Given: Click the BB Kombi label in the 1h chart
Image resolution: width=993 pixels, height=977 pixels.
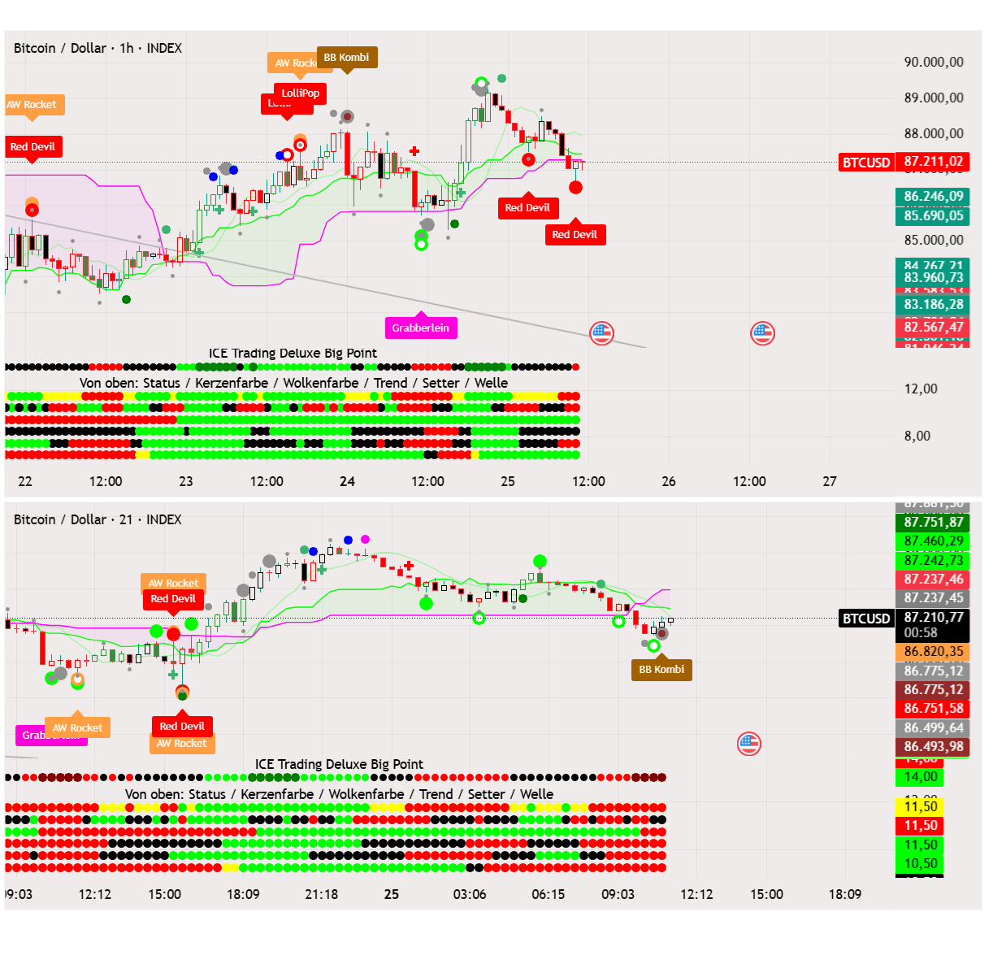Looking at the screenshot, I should click(x=347, y=58).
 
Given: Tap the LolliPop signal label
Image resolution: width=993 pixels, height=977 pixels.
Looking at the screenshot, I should click(x=301, y=93).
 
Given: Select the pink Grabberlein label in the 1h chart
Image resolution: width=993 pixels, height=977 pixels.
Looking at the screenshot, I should click(x=420, y=328).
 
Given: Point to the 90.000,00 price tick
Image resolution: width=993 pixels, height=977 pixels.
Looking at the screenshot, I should click(x=934, y=63).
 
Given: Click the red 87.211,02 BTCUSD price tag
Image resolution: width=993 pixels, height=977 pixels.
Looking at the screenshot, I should click(x=934, y=162).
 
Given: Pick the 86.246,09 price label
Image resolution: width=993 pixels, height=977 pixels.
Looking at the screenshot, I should click(x=934, y=197).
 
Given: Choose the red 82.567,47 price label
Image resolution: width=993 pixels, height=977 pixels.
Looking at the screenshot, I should click(x=934, y=327).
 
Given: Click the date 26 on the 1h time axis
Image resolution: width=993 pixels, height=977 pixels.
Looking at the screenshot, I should click(x=669, y=481).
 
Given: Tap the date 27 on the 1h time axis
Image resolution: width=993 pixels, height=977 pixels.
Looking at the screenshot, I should click(x=830, y=481).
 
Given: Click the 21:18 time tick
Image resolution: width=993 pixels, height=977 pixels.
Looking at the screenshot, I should click(x=322, y=894).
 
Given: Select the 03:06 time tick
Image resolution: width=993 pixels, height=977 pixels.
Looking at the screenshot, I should click(x=470, y=894).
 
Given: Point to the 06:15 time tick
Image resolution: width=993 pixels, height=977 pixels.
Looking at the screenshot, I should click(x=549, y=894).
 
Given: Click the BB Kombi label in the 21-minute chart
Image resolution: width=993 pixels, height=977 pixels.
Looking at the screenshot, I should click(x=661, y=669).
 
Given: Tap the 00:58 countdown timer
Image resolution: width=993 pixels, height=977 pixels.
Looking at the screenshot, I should click(x=921, y=632).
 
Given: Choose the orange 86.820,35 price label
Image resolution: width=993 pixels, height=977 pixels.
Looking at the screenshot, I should click(x=934, y=651).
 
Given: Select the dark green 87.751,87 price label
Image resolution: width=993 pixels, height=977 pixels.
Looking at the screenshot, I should click(x=934, y=522).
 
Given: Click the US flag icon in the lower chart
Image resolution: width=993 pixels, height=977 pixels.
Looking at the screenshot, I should click(x=749, y=744).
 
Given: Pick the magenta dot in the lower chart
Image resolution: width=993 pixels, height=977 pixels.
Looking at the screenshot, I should click(x=366, y=539).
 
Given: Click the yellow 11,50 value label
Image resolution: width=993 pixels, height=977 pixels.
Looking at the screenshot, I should click(x=921, y=806).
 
